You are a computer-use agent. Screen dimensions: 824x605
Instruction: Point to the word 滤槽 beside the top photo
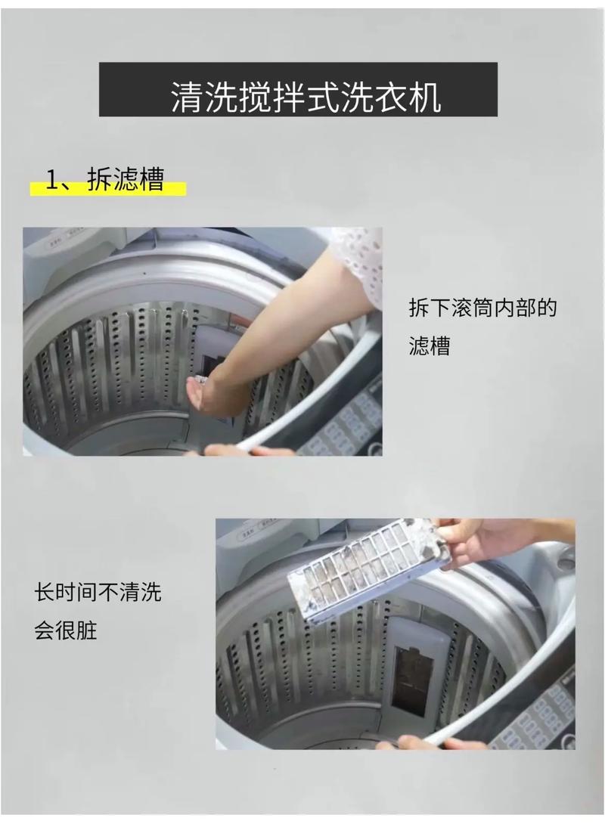point(430,346)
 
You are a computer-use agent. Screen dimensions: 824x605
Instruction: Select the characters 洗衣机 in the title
point(401,97)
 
